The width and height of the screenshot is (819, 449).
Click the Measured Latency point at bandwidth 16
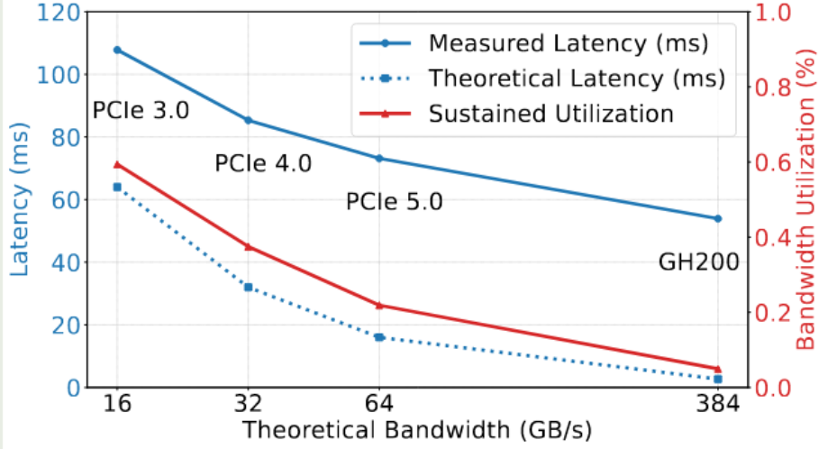(116, 50)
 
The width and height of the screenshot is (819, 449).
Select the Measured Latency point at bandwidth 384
(718, 218)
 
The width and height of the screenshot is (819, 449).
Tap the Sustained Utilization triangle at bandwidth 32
(248, 246)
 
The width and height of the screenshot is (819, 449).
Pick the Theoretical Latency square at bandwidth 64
(379, 337)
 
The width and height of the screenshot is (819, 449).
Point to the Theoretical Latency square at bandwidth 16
(116, 187)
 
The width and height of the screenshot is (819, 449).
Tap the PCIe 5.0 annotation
(395, 201)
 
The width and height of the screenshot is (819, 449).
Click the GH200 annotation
(699, 262)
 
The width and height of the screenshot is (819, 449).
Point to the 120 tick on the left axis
(57, 13)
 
